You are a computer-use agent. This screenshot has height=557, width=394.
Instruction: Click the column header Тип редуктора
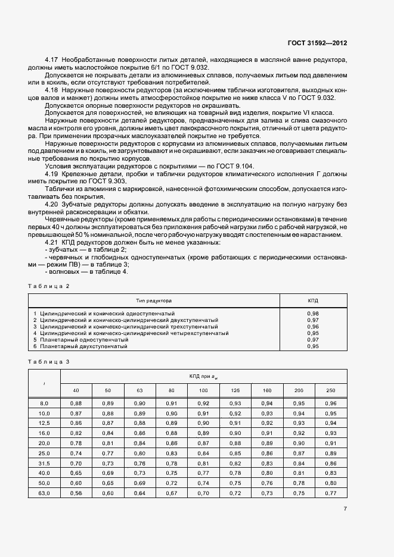154,301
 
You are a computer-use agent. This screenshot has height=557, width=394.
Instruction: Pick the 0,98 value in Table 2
313,313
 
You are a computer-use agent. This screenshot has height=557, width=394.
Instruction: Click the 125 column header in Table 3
235,390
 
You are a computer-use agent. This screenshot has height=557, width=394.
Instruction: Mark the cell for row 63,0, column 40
76,493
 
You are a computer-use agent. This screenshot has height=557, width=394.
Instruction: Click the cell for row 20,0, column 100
203,443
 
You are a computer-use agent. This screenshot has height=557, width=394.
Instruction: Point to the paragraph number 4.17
52,60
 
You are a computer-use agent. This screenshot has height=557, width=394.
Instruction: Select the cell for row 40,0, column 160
267,472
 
